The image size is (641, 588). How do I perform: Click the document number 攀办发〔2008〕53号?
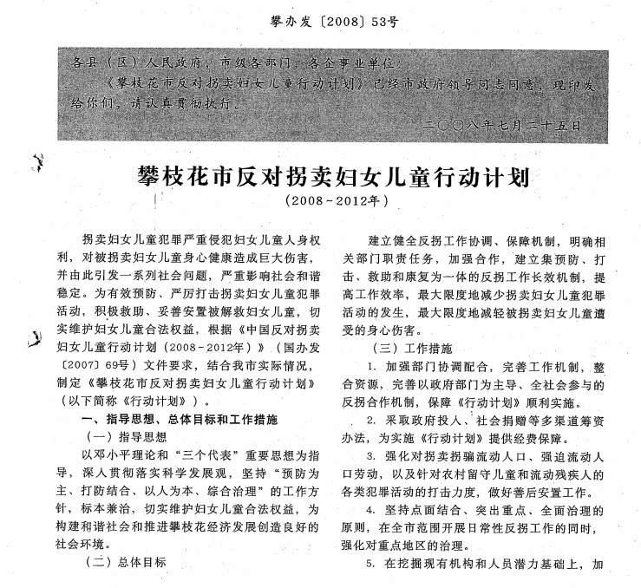(x=319, y=18)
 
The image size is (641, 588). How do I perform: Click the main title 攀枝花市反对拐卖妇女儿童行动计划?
(x=334, y=179)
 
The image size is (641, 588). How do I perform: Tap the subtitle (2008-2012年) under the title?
(x=334, y=202)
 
